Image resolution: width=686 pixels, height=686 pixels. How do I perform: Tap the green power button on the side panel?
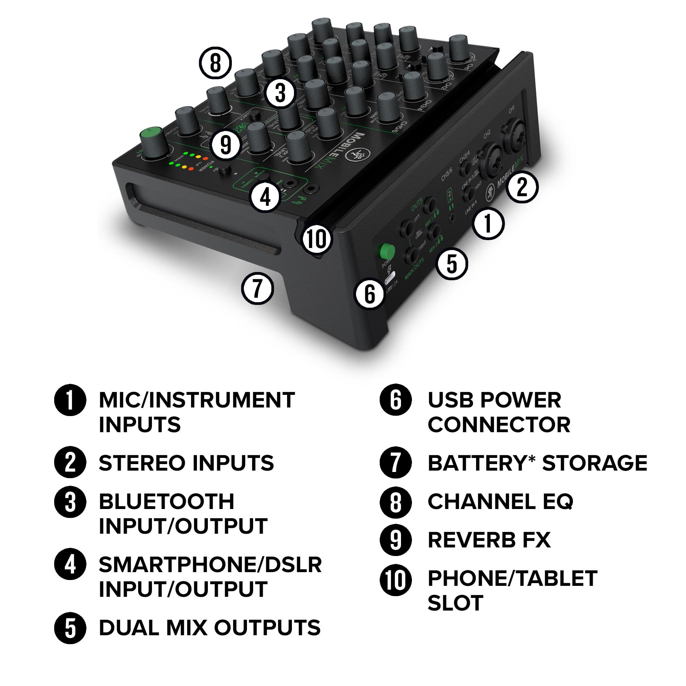(x=387, y=251)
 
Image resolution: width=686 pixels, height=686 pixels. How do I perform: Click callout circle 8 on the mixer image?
(x=215, y=63)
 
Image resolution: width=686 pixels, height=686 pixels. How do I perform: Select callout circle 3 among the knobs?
(x=280, y=93)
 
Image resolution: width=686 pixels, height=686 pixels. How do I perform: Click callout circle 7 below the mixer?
(x=258, y=288)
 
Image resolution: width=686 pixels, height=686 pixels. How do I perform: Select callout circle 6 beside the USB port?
(x=370, y=294)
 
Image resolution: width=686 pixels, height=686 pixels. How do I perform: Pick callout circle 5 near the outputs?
(x=452, y=264)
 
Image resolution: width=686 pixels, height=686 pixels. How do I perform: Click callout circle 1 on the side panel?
(x=488, y=223)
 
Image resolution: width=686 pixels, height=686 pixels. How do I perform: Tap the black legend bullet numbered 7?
(x=395, y=463)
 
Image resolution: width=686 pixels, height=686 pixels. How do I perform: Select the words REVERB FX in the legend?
(x=489, y=540)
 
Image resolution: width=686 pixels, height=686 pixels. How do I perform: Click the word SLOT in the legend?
(x=455, y=603)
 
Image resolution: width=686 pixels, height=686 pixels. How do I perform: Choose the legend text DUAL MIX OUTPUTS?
(x=210, y=627)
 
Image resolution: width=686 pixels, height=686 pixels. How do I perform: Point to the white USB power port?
(x=390, y=277)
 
